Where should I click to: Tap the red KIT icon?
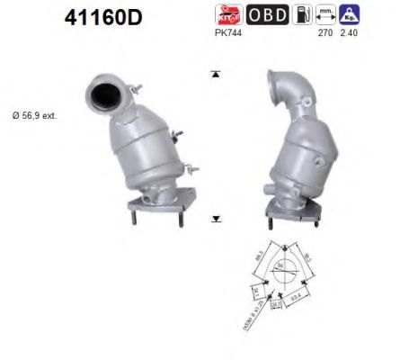[x=227, y=14]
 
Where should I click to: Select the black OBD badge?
[x=267, y=14]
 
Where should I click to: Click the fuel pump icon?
[x=305, y=14]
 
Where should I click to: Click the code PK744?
[x=227, y=32]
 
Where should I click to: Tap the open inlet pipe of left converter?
[x=103, y=93]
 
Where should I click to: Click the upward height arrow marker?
[x=216, y=73]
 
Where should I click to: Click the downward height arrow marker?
[x=216, y=218]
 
